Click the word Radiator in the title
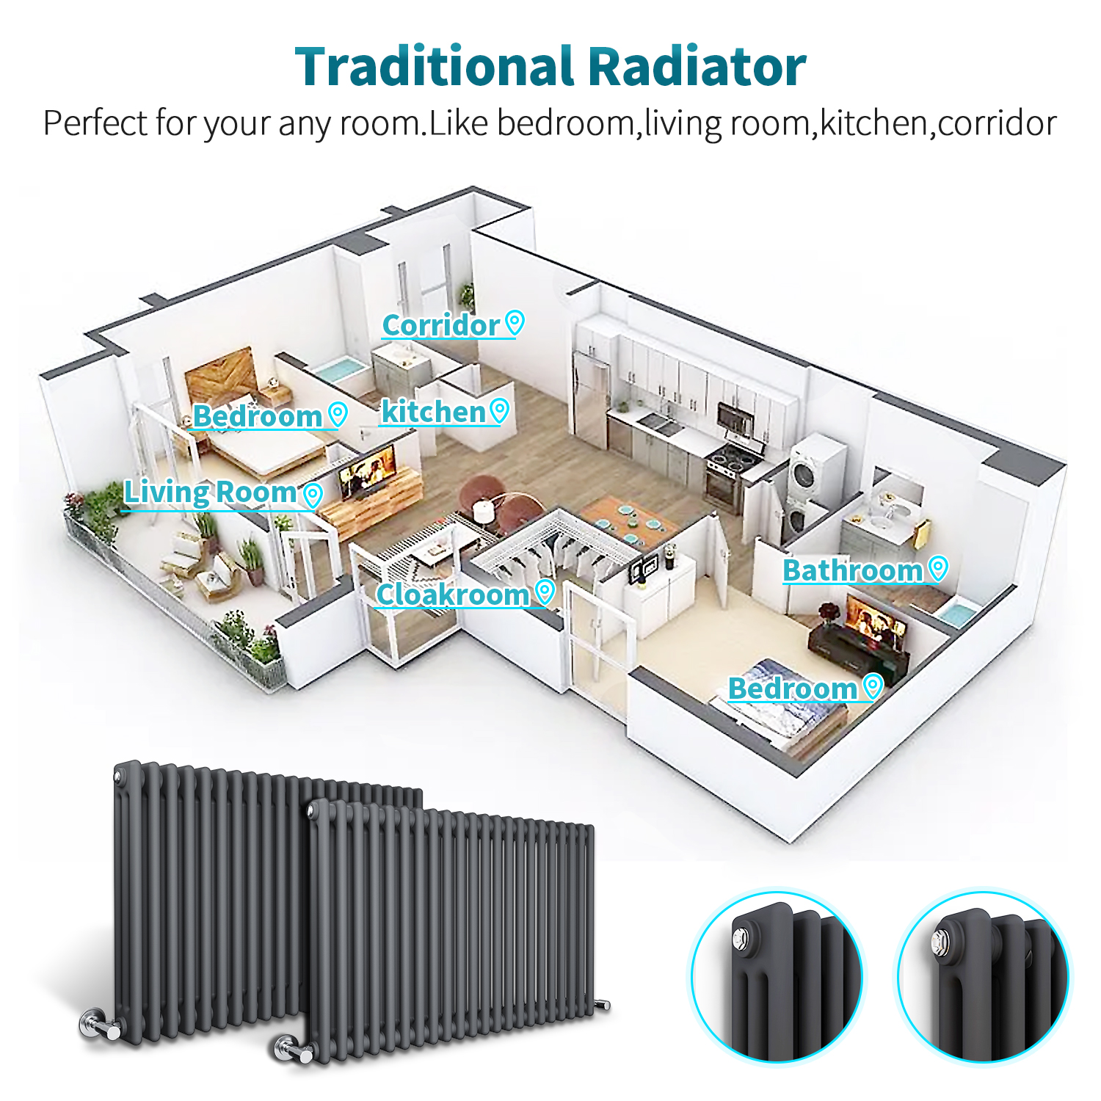click(x=697, y=67)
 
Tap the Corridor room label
click(x=440, y=325)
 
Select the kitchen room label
click(x=433, y=412)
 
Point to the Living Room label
click(x=210, y=492)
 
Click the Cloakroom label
click(x=452, y=594)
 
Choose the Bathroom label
click(x=852, y=570)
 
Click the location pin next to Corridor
click(x=515, y=322)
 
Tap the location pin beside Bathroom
click(x=938, y=567)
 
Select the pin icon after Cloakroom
click(x=545, y=591)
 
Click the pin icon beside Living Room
click(x=313, y=495)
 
